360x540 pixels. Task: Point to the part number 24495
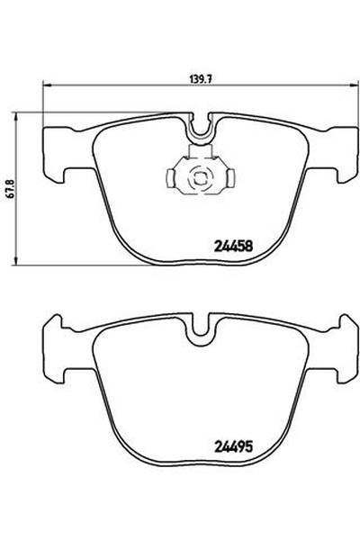click(x=233, y=444)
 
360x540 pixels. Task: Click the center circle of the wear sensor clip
click(x=199, y=174)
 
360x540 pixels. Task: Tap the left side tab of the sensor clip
click(x=175, y=174)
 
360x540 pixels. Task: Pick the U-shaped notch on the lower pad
click(x=200, y=333)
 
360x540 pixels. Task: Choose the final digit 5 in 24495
click(x=248, y=444)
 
